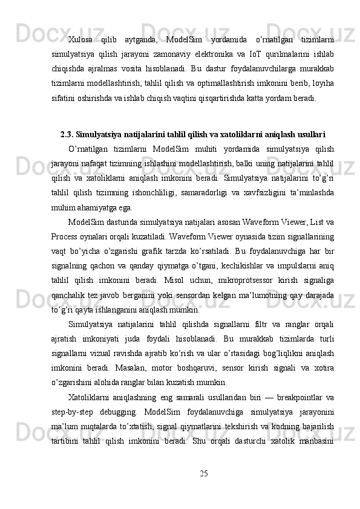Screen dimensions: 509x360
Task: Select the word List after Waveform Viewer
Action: click(315, 223)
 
